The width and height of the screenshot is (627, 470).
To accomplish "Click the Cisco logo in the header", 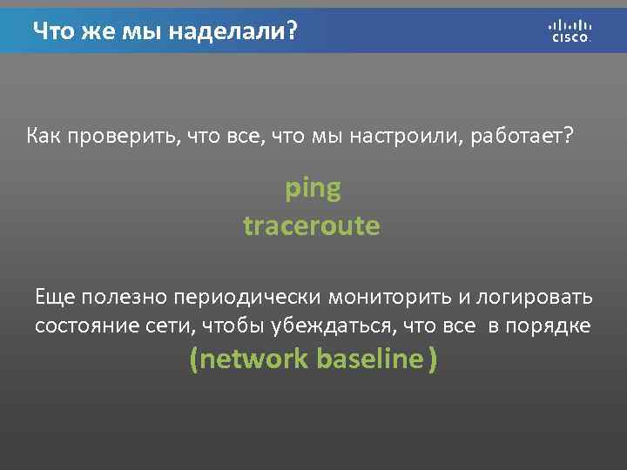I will coord(570,30).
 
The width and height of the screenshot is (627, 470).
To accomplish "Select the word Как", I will coord(43,137).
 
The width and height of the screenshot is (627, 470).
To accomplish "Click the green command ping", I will coord(313,188).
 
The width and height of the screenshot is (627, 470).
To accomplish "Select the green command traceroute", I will coord(312,226).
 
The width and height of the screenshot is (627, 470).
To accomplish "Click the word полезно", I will coord(124,297).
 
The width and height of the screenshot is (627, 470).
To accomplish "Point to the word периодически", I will coord(248,297).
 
